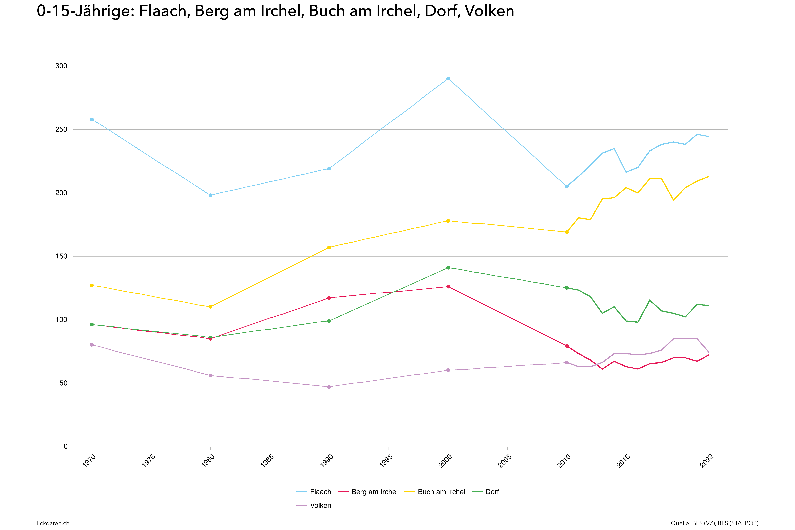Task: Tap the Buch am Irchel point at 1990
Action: [329, 247]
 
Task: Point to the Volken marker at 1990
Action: [329, 387]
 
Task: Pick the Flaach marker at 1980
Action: [210, 195]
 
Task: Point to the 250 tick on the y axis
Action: [61, 129]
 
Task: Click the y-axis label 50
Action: [63, 383]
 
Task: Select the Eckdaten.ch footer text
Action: [53, 523]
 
